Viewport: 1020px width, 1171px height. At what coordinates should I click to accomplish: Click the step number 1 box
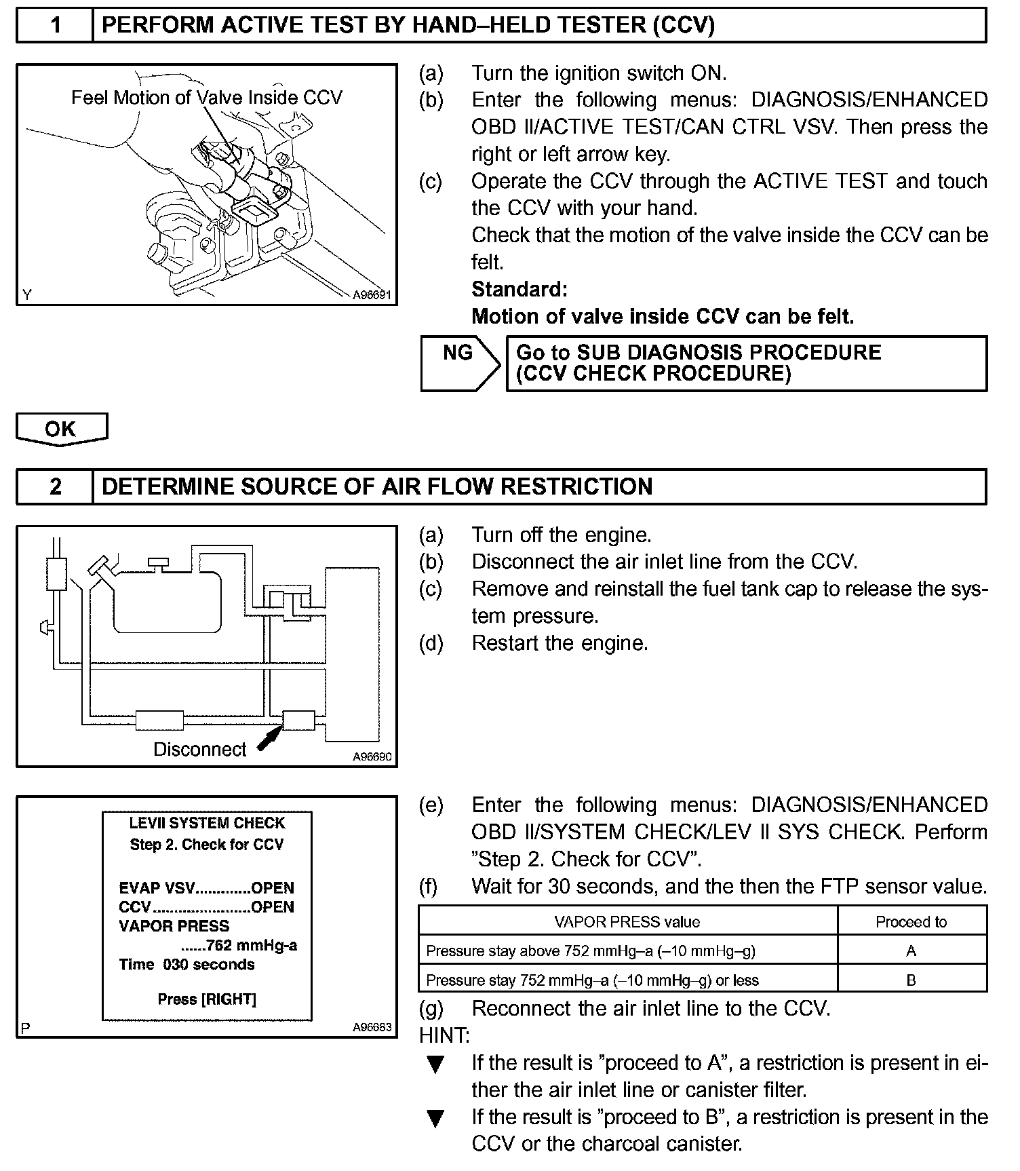click(x=55, y=26)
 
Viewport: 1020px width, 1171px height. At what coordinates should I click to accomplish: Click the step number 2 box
click(x=55, y=486)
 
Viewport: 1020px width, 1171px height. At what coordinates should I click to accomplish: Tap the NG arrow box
click(x=459, y=363)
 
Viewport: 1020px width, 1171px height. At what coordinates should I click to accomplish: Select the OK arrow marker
click(x=61, y=429)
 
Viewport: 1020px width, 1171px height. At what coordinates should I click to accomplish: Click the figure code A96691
click(x=372, y=295)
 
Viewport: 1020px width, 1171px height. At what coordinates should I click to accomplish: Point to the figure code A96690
click(x=372, y=756)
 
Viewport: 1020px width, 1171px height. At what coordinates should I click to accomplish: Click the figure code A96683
click(x=372, y=1027)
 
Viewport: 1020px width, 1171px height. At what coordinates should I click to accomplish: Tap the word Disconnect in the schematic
click(x=199, y=749)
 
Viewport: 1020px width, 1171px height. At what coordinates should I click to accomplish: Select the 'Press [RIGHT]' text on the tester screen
click(x=207, y=999)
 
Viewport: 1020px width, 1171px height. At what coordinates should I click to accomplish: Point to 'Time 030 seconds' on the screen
click(x=187, y=964)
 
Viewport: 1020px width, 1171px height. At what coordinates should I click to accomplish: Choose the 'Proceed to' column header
click(x=911, y=921)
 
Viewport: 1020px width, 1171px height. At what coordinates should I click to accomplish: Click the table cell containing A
click(x=911, y=951)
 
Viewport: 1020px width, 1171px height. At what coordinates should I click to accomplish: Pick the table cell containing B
click(x=911, y=980)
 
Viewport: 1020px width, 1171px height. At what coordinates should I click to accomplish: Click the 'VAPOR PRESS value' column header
click(x=627, y=921)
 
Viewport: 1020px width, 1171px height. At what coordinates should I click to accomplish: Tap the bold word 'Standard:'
click(x=519, y=290)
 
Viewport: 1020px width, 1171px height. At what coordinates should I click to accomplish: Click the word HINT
click(x=444, y=1035)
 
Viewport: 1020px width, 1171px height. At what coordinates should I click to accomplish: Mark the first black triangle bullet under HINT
click(x=435, y=1064)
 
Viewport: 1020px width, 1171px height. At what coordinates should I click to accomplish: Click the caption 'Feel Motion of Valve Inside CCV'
click(x=207, y=98)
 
